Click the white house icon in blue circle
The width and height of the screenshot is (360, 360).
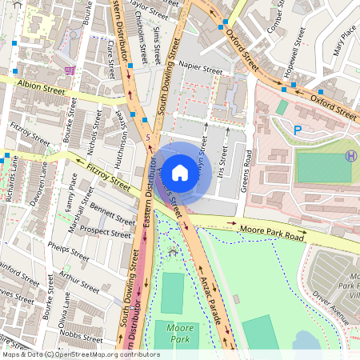[x=180, y=172]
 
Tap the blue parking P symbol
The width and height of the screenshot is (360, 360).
[x=298, y=130]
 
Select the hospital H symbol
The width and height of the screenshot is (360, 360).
[x=350, y=156]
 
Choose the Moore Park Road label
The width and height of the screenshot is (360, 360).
[x=272, y=236]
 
